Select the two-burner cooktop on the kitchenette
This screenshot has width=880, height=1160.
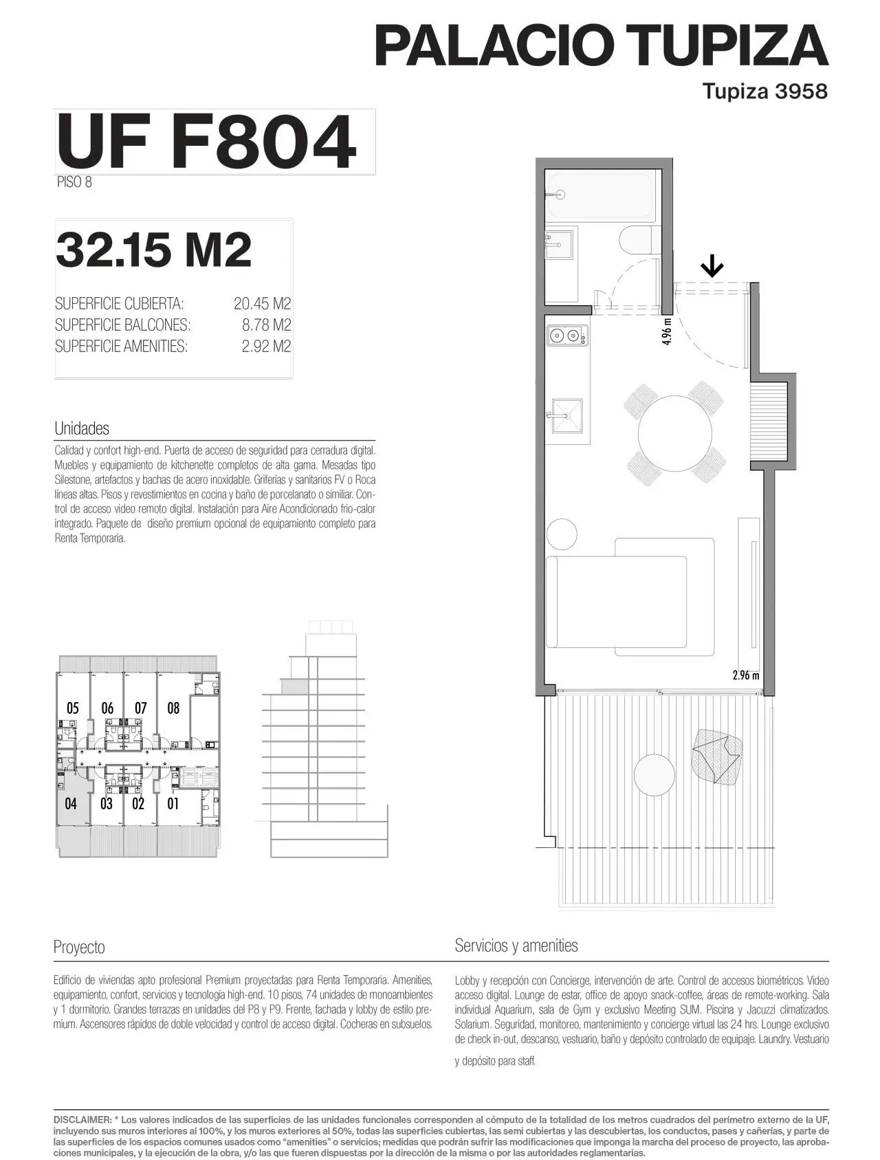(568, 336)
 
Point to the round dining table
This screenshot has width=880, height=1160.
(674, 433)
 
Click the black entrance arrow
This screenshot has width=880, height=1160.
(712, 265)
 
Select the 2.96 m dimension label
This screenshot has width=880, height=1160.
(746, 675)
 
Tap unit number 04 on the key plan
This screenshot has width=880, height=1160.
(71, 803)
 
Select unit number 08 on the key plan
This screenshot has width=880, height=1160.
(173, 708)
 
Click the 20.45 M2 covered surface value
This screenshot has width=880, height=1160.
(262, 303)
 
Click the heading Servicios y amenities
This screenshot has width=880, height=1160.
(516, 946)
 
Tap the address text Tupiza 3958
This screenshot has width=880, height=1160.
(764, 91)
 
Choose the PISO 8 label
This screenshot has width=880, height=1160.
(74, 182)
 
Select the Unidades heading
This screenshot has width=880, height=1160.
(82, 428)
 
